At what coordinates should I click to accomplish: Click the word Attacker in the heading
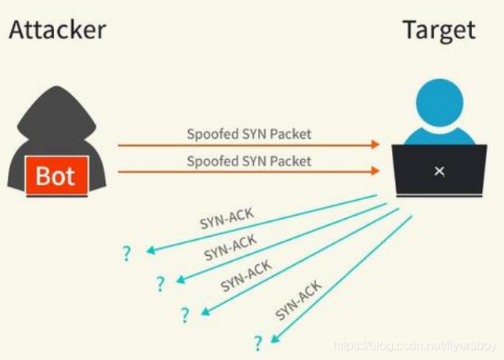coord(57,30)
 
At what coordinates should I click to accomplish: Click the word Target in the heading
coord(438,30)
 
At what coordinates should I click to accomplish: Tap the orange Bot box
coord(55,176)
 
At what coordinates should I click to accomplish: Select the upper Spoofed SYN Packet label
coord(248,134)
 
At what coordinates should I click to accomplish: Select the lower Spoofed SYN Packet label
coord(248,162)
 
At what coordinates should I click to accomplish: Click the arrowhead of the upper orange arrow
coord(375,145)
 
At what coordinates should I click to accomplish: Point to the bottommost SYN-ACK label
coord(299,302)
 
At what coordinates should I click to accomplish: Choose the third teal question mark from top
coord(185,315)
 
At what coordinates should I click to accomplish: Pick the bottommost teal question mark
coord(257,343)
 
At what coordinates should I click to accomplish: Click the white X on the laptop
coord(440,170)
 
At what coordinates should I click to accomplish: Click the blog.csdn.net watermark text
coord(415,346)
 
